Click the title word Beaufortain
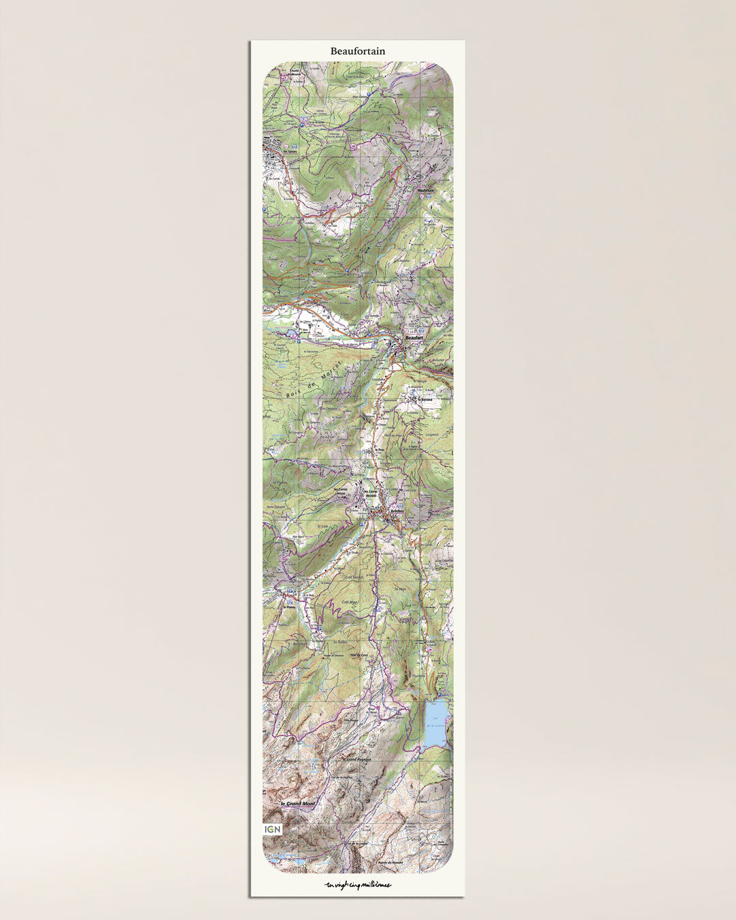[358, 51]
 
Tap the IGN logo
[272, 829]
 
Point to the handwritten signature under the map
[358, 885]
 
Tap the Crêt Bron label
[350, 602]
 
